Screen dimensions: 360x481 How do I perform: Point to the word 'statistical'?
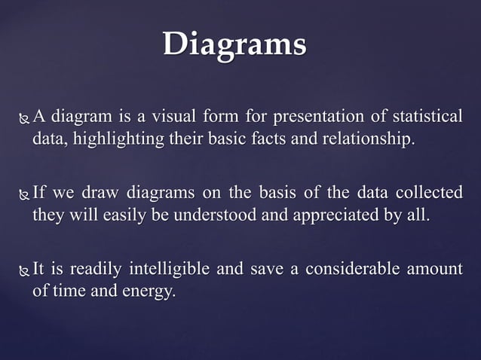pyautogui.click(x=429, y=117)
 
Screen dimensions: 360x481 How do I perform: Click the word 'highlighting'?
pyautogui.click(x=112, y=139)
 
